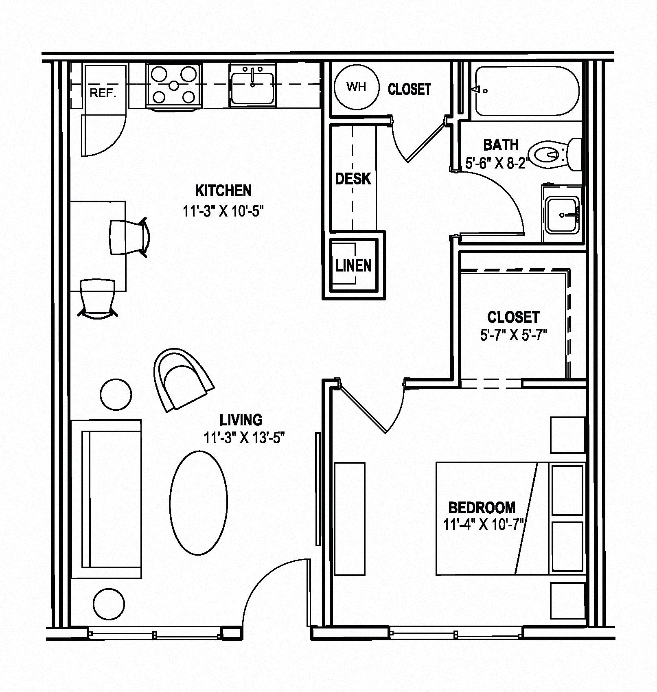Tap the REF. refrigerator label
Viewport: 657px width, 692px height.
point(103,93)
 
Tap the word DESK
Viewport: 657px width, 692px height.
point(353,179)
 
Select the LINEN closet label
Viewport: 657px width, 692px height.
point(354,266)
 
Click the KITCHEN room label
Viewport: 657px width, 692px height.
point(223,191)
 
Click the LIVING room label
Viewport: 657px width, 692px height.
point(241,419)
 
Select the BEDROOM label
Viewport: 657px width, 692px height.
point(482,508)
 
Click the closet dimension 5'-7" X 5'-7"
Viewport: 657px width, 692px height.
point(513,335)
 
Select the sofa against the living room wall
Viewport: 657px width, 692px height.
point(106,499)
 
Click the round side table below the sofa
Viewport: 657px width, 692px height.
point(109,604)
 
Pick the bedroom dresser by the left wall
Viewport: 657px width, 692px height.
point(350,519)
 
